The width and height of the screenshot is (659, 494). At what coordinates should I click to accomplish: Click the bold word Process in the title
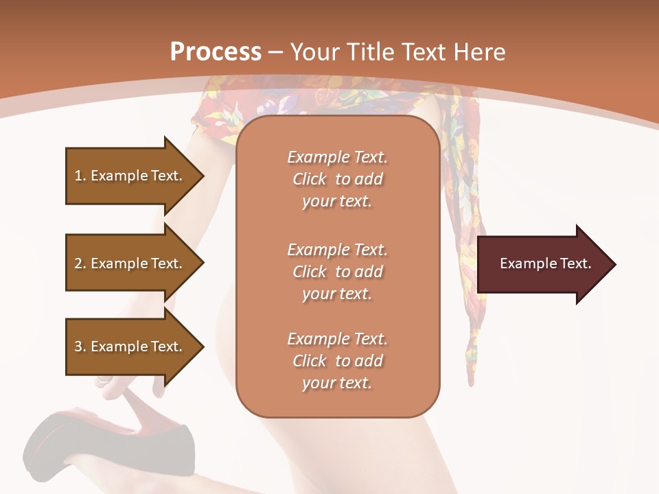pos(216,52)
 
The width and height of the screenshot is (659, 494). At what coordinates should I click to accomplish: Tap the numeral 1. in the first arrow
pos(80,176)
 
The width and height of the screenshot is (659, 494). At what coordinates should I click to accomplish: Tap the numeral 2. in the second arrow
pos(80,263)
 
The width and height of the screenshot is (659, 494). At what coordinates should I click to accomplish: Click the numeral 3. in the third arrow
pos(80,346)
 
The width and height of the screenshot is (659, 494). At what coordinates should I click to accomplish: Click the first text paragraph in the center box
pos(337,179)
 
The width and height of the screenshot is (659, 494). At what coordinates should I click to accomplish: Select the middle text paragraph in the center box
pos(337,272)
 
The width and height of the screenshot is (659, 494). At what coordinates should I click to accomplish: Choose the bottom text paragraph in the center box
pos(337,361)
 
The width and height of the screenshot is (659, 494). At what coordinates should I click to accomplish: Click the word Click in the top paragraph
pos(310,180)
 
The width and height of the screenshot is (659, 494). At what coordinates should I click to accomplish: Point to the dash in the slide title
pos(275,53)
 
